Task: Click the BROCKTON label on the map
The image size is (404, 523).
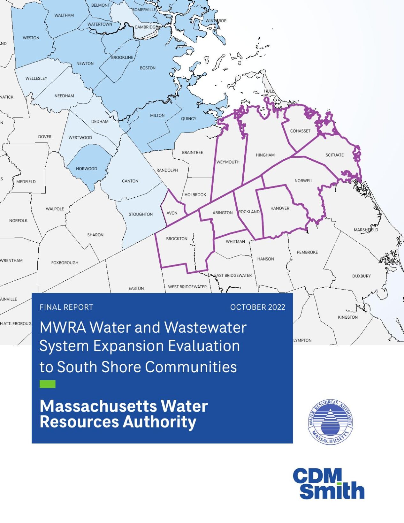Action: [x=177, y=239]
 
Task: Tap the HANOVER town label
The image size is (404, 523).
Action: [x=280, y=208]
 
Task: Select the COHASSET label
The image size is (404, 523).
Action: [x=300, y=131]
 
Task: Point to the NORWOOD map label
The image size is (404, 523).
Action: [x=87, y=169]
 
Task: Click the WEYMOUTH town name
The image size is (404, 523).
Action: [x=228, y=162]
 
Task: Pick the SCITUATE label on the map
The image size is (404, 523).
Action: [x=335, y=155]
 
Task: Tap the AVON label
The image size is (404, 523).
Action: [x=172, y=213]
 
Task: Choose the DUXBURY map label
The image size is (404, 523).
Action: [x=362, y=276]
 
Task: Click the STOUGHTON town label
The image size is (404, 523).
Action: [x=141, y=215]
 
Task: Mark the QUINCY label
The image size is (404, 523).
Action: [x=188, y=119]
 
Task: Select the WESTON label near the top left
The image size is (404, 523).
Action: [x=31, y=38]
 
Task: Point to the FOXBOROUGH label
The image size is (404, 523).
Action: [x=65, y=263]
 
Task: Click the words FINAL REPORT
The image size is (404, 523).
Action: [x=66, y=307]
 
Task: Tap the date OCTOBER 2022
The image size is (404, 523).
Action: [x=257, y=307]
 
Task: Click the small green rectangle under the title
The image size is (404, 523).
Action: [x=48, y=384]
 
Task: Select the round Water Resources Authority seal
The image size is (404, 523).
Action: [x=331, y=422]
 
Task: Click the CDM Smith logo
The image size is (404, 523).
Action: [x=329, y=484]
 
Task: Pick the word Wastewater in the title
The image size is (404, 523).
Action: [x=205, y=328]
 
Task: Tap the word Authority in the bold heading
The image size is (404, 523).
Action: [x=159, y=422]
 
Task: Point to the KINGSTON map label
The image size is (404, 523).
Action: [x=348, y=317]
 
